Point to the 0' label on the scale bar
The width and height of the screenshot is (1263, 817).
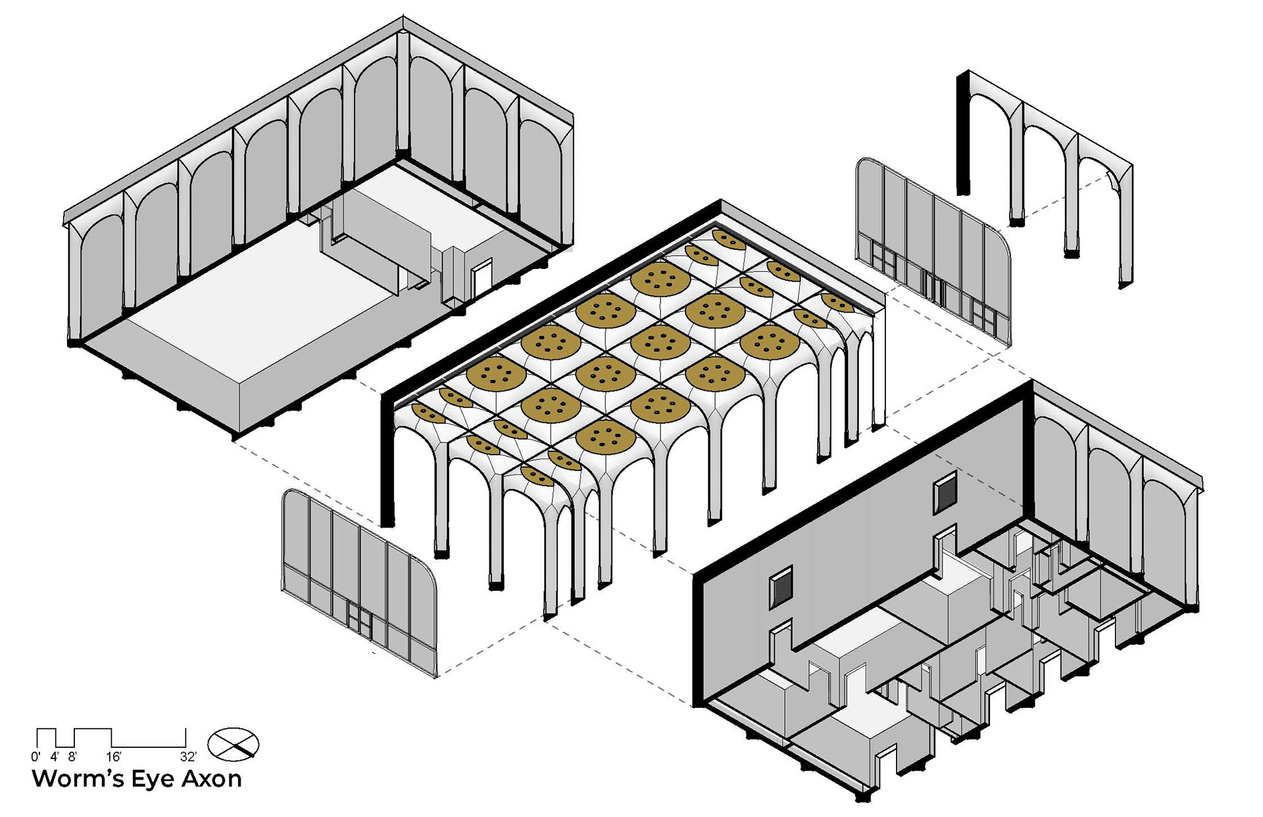(35, 756)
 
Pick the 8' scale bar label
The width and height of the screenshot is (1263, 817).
(72, 756)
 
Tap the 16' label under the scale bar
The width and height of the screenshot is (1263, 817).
(113, 756)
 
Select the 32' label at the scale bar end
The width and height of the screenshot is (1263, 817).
(188, 756)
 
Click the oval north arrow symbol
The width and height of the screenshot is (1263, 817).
(234, 744)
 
